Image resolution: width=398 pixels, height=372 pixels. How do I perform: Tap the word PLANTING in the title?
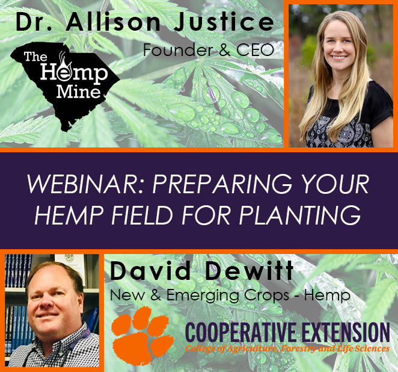click(299, 215)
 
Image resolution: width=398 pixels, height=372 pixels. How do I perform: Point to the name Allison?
click(113, 22)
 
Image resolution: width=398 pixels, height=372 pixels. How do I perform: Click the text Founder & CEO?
click(209, 50)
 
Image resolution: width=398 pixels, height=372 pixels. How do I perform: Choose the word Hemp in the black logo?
click(74, 74)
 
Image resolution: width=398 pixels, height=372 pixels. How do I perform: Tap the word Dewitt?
click(249, 271)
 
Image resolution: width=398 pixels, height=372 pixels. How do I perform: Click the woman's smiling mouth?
click(340, 57)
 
